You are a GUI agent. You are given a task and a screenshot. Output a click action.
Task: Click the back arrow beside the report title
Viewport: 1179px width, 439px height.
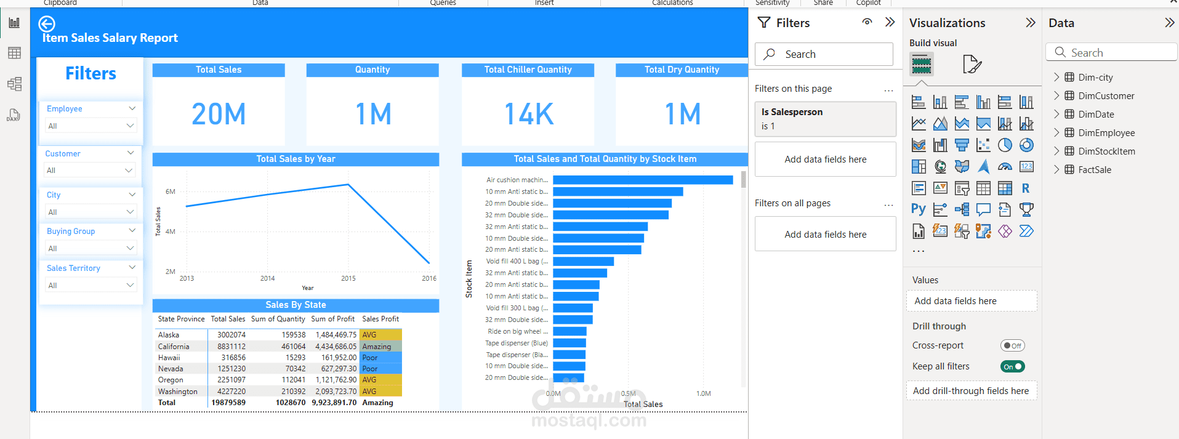[47, 24]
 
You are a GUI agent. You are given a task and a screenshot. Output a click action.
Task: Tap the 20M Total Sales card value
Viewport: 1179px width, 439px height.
[219, 114]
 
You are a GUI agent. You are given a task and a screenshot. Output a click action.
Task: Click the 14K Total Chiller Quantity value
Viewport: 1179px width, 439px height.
[529, 114]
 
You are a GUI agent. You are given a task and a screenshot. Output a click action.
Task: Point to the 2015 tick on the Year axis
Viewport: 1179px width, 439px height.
[348, 278]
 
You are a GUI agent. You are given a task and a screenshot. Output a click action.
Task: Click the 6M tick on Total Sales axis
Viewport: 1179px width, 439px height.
[171, 191]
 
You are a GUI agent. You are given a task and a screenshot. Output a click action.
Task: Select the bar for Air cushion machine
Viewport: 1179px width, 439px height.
[642, 180]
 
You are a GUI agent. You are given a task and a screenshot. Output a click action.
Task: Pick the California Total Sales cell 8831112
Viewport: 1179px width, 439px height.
[231, 347]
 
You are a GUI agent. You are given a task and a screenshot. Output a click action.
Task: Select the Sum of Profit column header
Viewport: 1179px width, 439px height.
[332, 319]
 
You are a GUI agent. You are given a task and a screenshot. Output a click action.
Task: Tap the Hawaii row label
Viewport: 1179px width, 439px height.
[169, 358]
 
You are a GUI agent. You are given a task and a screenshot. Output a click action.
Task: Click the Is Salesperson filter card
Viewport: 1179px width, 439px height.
[825, 119]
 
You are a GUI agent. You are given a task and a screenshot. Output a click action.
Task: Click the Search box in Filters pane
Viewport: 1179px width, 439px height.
[825, 54]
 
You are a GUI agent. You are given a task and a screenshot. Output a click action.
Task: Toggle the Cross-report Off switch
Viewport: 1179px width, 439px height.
[1012, 345]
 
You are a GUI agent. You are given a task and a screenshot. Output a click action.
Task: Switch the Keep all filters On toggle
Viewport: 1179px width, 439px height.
[1012, 366]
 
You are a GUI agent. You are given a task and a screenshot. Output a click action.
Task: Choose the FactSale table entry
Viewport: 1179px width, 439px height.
[1095, 169]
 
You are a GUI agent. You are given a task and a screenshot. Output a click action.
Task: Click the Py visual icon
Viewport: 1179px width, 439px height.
[918, 209]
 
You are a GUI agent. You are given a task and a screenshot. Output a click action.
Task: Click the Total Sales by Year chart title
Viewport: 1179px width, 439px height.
[296, 159]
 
